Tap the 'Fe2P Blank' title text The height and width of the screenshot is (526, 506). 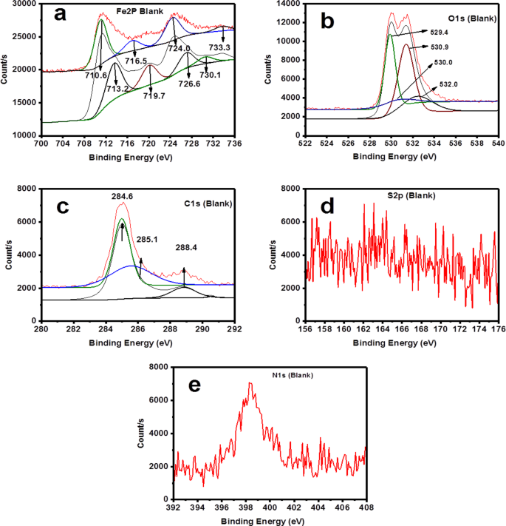pos(128,11)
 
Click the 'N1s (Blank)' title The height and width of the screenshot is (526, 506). pos(290,376)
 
